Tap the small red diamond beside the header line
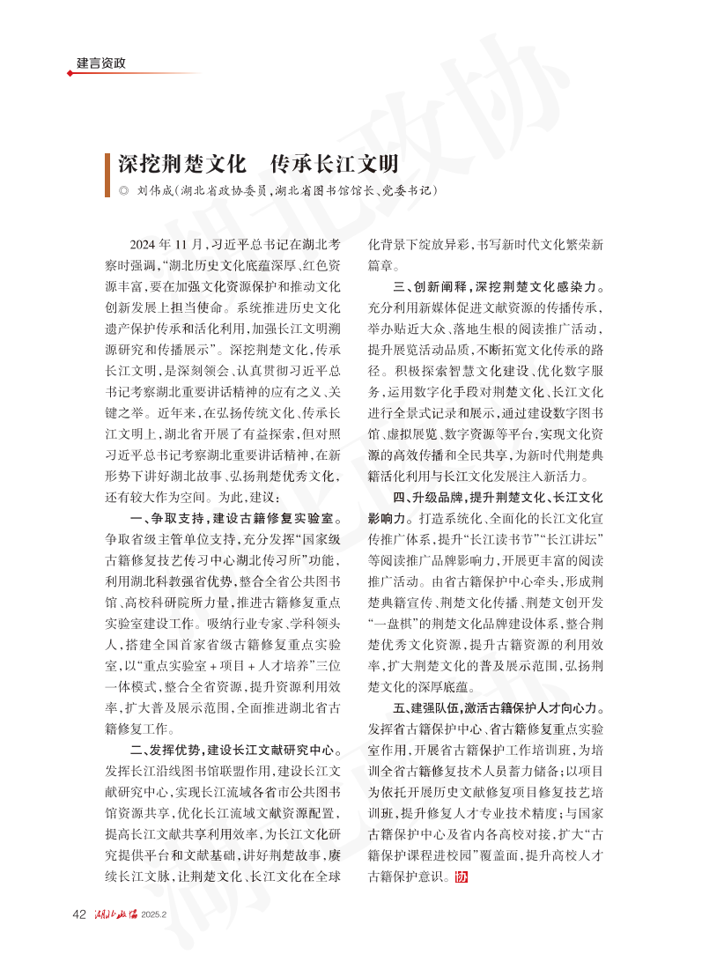[x=70, y=73]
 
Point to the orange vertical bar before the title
[x=109, y=165]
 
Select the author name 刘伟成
[x=155, y=190]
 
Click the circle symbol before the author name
[x=123, y=190]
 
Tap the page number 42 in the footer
[x=78, y=913]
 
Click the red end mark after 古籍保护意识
[x=461, y=877]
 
